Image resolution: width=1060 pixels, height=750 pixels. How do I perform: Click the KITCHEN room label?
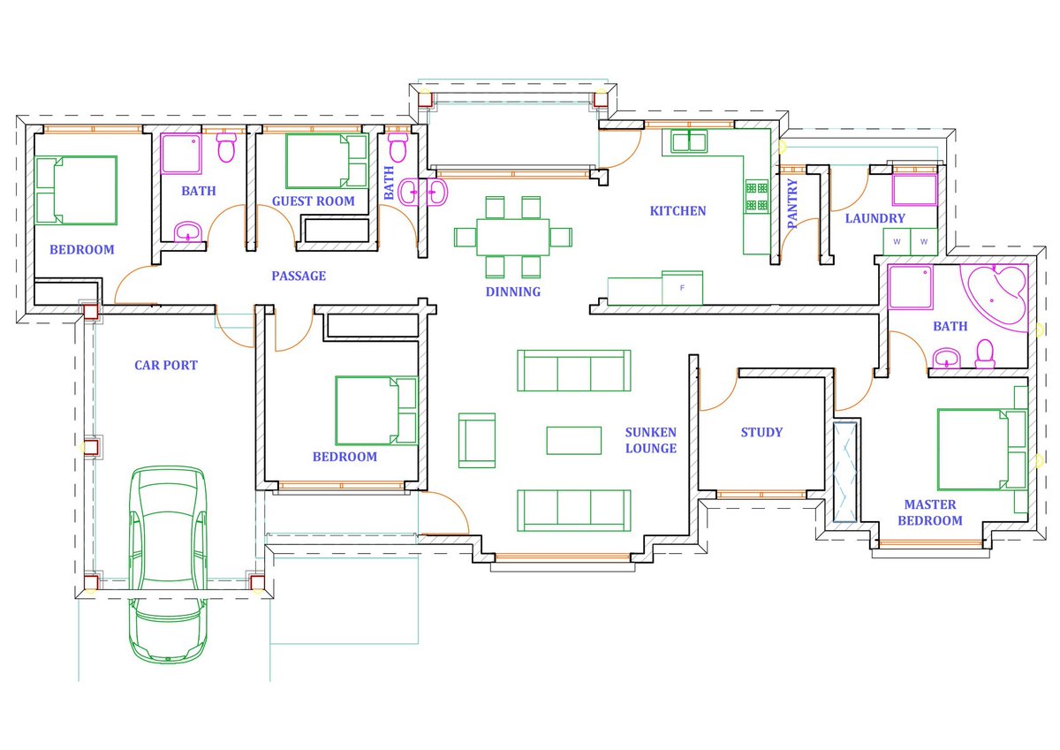678,211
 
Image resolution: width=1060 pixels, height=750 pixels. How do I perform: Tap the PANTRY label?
792,203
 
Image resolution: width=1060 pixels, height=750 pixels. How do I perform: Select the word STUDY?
761,432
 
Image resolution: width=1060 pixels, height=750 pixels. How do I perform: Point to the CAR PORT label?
166,366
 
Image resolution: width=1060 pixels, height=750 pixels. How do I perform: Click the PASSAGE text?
299,276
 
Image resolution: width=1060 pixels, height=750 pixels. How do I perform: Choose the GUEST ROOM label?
314,201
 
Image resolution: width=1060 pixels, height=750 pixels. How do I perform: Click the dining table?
513,237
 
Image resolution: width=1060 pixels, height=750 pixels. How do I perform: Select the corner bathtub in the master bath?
995,298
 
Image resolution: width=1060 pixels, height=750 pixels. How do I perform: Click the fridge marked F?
682,288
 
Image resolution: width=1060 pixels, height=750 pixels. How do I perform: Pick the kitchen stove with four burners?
757,196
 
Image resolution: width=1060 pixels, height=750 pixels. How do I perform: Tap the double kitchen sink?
690,141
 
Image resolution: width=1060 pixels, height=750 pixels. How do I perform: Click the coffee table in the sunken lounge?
574,441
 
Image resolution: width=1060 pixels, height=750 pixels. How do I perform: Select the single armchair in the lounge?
477,441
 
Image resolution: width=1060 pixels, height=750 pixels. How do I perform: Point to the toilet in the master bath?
985,354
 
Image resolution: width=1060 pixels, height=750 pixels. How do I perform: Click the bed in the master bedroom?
982,450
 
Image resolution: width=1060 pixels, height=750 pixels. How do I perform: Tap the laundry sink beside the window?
914,190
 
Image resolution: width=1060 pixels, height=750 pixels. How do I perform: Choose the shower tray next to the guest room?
181,154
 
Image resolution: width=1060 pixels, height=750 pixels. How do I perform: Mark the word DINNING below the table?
513,292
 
